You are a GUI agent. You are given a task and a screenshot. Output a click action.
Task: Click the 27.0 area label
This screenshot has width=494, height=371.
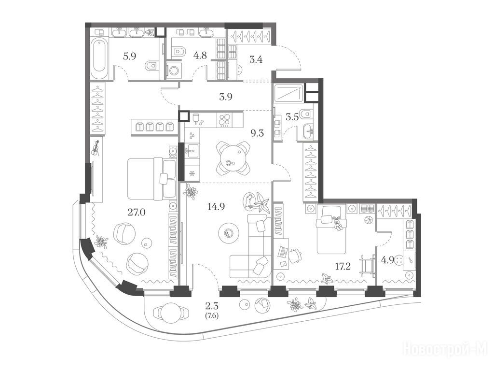pyautogui.click(x=137, y=213)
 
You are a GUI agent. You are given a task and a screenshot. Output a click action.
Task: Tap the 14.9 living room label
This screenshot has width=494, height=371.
pyautogui.click(x=216, y=207)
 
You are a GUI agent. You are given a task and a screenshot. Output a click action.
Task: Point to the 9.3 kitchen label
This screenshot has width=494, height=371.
pyautogui.click(x=257, y=133)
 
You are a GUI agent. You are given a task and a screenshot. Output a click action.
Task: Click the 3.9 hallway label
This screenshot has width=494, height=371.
pyautogui.click(x=226, y=97)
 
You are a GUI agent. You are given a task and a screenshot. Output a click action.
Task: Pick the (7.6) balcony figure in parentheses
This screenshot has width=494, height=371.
pyautogui.click(x=212, y=315)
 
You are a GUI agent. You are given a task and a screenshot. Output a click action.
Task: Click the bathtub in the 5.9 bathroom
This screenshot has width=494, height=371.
pyautogui.click(x=99, y=58)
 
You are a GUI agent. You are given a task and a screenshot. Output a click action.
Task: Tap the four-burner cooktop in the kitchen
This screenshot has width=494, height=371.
pyautogui.click(x=224, y=120)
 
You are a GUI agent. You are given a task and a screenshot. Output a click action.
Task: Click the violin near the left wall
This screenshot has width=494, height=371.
pyautogui.click(x=96, y=149)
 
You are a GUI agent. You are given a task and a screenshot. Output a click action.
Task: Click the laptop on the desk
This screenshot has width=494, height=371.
pyautogui.click(x=282, y=251)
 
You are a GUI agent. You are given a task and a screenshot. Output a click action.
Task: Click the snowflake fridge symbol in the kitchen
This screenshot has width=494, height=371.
pyautogui.click(x=191, y=173)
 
